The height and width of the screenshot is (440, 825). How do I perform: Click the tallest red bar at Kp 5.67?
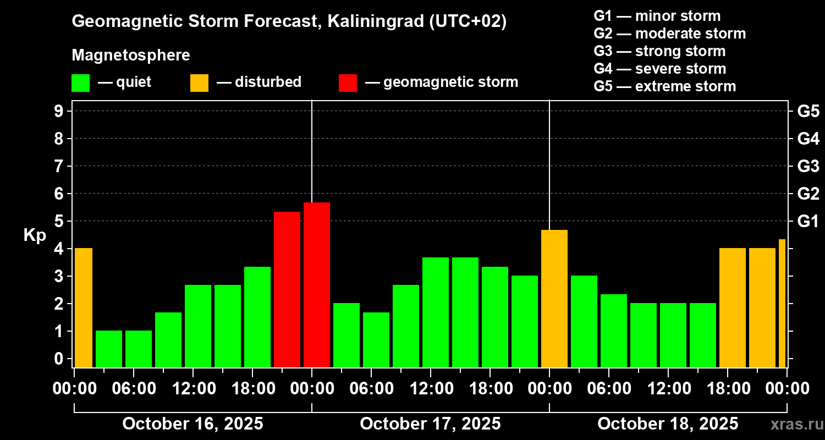click(x=317, y=284)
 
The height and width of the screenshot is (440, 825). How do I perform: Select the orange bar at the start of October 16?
click(x=84, y=307)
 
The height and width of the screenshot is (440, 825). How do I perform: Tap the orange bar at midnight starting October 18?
click(x=554, y=299)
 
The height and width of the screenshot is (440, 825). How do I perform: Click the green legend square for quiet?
click(x=80, y=83)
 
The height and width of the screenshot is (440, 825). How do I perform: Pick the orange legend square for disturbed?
click(x=199, y=83)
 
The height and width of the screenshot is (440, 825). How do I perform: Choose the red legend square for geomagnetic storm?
click(x=348, y=83)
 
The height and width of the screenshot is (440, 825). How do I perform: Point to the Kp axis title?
click(x=35, y=235)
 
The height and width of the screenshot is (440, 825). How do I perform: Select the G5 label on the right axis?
click(x=808, y=111)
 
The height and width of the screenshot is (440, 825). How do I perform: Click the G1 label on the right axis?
click(x=808, y=222)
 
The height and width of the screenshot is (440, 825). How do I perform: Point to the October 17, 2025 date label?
click(x=430, y=424)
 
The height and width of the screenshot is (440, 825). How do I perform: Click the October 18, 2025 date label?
click(x=668, y=424)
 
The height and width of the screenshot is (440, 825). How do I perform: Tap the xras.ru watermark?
click(x=794, y=425)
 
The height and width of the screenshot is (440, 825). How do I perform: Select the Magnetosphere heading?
click(x=131, y=56)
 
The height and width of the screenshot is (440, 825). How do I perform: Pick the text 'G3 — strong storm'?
click(x=659, y=51)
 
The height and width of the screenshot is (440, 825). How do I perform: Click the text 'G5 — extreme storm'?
click(x=664, y=86)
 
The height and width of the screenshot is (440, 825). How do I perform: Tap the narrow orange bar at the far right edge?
click(x=782, y=303)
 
